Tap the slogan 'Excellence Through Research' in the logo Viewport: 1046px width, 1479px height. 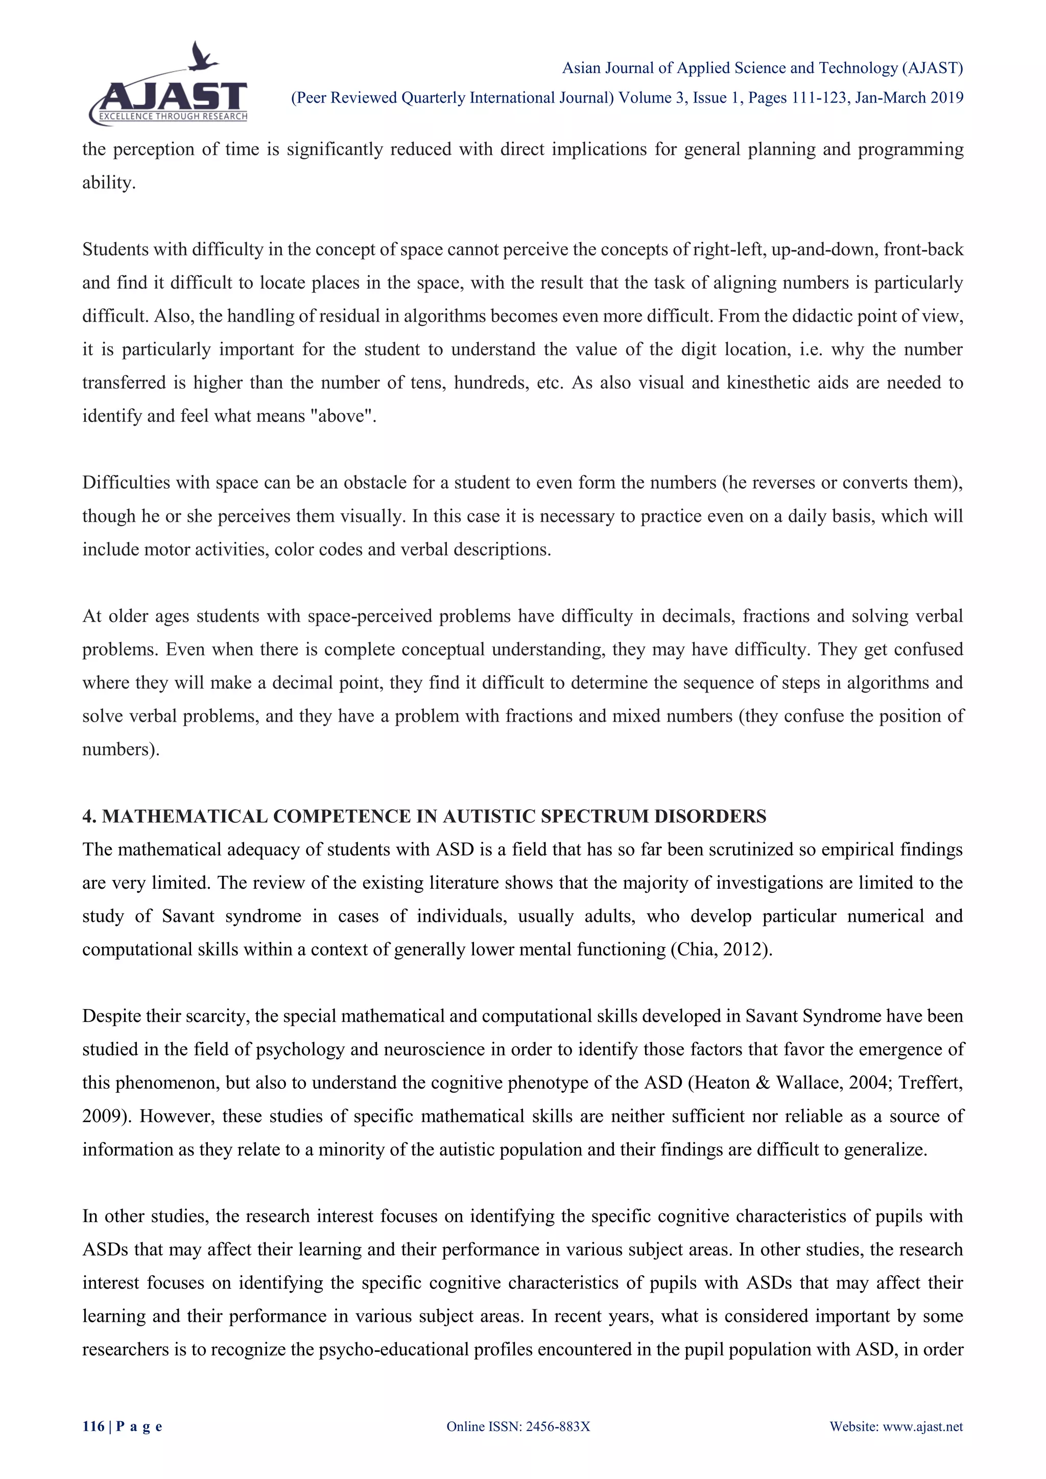173,116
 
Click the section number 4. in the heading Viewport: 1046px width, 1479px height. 89,816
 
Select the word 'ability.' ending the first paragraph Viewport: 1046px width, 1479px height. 109,183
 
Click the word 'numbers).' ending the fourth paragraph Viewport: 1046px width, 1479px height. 121,749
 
